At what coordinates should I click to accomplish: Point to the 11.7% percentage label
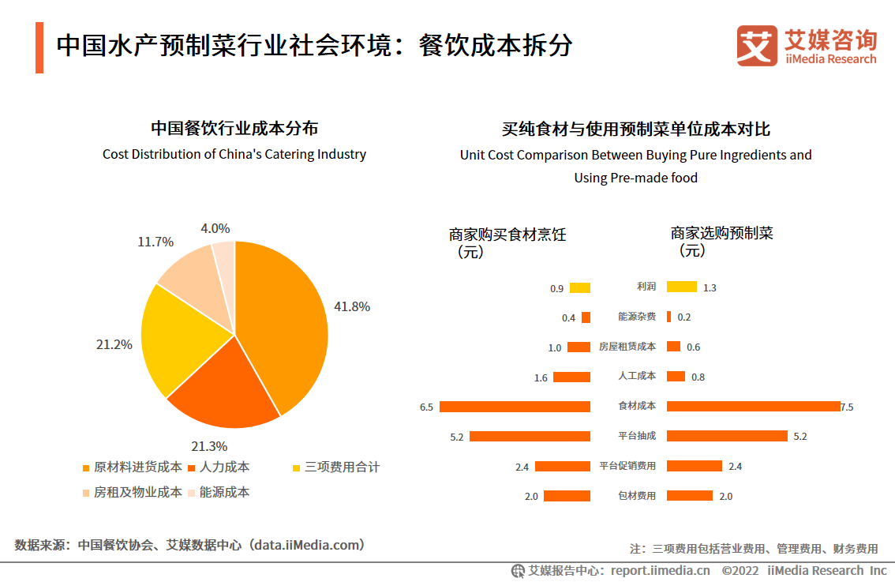pos(155,242)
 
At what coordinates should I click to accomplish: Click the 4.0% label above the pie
pos(215,228)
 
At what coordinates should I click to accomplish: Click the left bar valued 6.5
pos(515,407)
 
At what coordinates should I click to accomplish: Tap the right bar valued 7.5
pos(753,407)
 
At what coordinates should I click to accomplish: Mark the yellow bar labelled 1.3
pos(682,287)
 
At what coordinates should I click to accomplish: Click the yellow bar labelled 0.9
pos(580,288)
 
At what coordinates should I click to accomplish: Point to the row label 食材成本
pos(637,407)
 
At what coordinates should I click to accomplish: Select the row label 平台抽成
pos(637,436)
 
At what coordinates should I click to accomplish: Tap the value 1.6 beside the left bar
pos(541,378)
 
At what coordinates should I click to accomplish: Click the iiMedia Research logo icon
pos(757,46)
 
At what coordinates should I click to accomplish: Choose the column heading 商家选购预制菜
pos(721,234)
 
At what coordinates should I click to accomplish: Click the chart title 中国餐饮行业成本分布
pos(234,128)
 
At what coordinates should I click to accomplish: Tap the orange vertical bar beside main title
pos(39,48)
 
